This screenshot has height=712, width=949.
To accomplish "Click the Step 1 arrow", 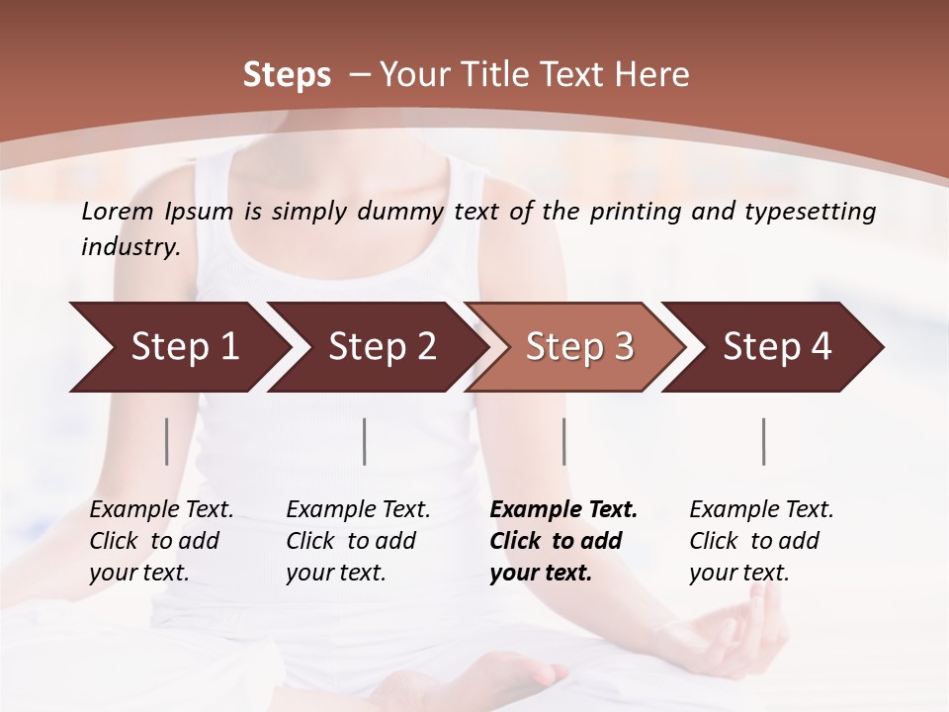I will [178, 347].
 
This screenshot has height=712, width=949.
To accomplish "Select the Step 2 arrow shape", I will [381, 347].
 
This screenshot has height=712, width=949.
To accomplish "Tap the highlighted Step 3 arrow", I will [578, 347].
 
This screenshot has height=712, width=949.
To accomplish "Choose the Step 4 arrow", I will [776, 347].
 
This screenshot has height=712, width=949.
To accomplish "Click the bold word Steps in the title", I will [287, 75].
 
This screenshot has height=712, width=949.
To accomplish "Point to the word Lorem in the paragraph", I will [118, 211].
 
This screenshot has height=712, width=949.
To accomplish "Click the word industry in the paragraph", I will [129, 246].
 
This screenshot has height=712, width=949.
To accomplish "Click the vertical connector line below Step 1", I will [167, 441].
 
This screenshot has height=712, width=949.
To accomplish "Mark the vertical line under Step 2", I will [365, 441].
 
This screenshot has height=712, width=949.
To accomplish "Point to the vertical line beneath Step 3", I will [563, 441].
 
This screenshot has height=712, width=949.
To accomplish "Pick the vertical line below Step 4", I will [763, 441].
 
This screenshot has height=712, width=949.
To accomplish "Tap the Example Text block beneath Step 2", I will [357, 541].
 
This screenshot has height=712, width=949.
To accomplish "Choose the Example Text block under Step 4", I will [760, 541].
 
